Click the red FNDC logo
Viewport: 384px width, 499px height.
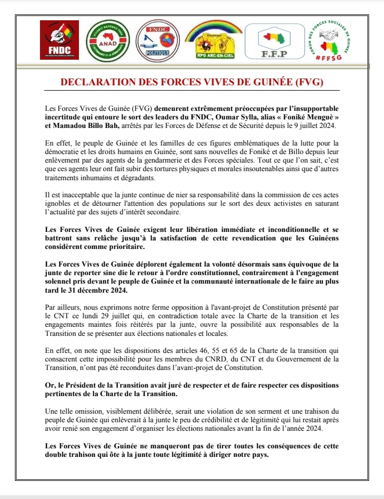[x=59, y=40]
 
